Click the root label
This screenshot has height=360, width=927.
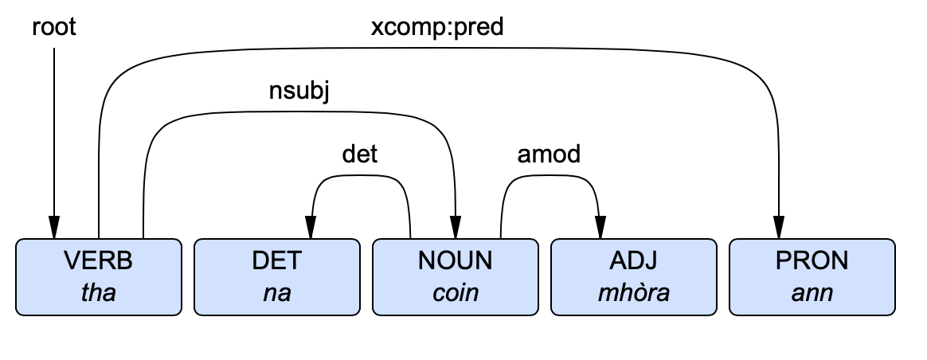tap(54, 28)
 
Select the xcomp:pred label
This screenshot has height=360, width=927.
tap(437, 28)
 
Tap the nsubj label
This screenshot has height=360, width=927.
tap(299, 92)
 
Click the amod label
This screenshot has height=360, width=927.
tap(550, 154)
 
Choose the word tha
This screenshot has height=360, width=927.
tap(99, 292)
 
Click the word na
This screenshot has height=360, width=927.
tap(277, 292)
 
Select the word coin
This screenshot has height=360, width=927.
tap(456, 292)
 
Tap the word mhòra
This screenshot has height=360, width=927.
tap(634, 292)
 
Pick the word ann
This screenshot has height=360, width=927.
tap(812, 292)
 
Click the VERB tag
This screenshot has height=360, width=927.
tap(99, 260)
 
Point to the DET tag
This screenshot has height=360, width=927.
tap(277, 260)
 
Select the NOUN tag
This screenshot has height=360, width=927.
tap(456, 260)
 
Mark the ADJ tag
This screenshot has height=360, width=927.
tap(634, 260)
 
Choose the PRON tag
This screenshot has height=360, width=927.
tap(812, 260)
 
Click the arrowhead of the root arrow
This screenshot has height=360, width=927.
tap(54, 229)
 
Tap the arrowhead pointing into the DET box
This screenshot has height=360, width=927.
tap(312, 229)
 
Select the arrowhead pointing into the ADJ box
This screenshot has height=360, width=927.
tap(599, 229)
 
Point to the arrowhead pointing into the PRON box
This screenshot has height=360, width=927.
tap(777, 229)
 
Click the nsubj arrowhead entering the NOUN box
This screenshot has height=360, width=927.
tap(456, 229)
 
